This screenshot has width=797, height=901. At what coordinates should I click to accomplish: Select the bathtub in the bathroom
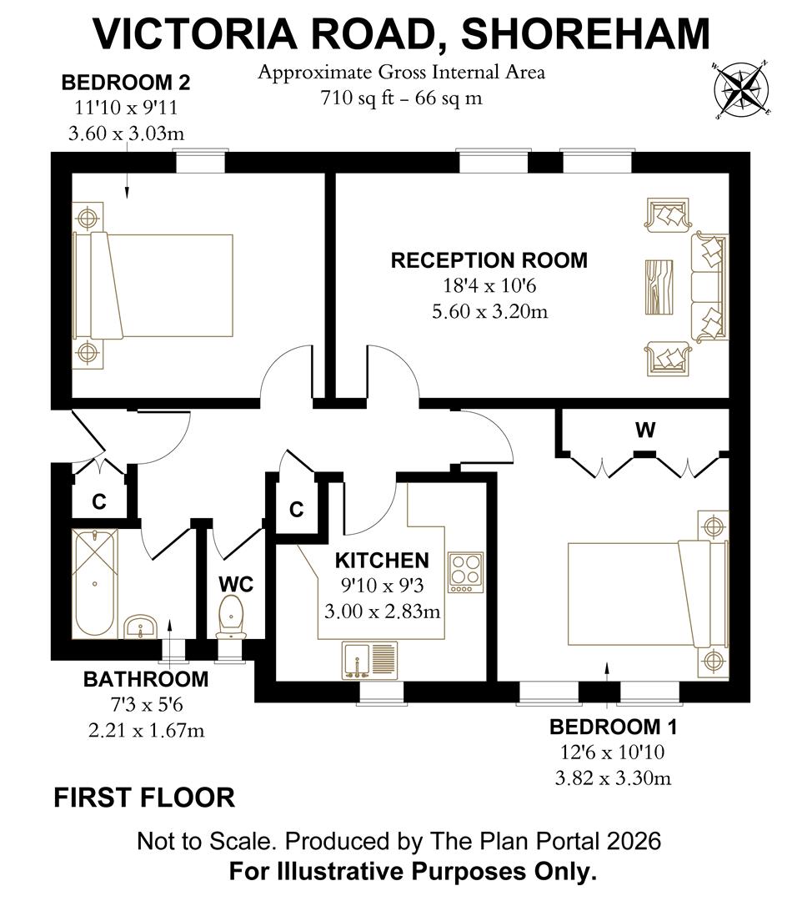tap(95, 582)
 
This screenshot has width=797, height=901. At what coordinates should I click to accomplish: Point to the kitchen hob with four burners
tap(465, 572)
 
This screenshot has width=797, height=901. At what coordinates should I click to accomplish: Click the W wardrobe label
tap(644, 430)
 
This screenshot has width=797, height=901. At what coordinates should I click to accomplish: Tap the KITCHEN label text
tap(382, 560)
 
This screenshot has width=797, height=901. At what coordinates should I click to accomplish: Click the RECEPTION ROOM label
tap(489, 260)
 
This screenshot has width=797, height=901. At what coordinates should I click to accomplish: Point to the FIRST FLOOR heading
tap(144, 798)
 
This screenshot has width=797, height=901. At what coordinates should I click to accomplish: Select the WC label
tap(235, 584)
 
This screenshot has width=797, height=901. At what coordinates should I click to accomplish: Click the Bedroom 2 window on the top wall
tap(200, 162)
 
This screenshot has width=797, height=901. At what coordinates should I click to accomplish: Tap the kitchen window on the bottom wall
tap(381, 692)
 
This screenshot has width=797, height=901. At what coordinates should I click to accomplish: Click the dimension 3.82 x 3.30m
tap(613, 779)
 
